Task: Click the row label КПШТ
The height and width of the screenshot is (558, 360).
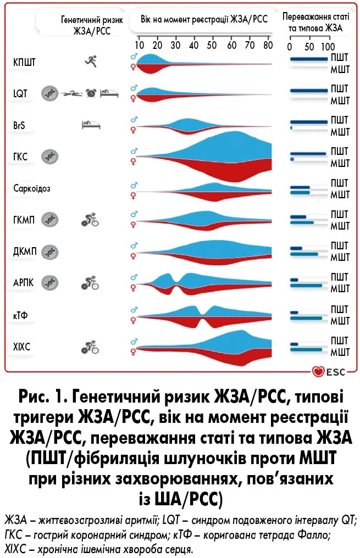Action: click(x=24, y=63)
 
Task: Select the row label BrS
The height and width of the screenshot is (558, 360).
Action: click(x=19, y=126)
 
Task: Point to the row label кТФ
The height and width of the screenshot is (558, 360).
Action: click(x=20, y=315)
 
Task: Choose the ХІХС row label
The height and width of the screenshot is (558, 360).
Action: click(x=22, y=347)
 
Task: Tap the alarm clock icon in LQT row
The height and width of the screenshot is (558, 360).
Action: click(x=91, y=94)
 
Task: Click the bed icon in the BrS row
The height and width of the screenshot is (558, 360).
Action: click(x=91, y=125)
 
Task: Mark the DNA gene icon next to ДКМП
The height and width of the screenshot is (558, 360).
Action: click(x=50, y=252)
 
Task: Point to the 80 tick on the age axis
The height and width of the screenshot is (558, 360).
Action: click(x=268, y=46)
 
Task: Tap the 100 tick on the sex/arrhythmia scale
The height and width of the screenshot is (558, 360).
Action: click(x=328, y=46)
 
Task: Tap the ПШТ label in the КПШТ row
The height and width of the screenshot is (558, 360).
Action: click(x=340, y=57)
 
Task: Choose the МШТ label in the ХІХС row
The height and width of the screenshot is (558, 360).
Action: click(x=340, y=352)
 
